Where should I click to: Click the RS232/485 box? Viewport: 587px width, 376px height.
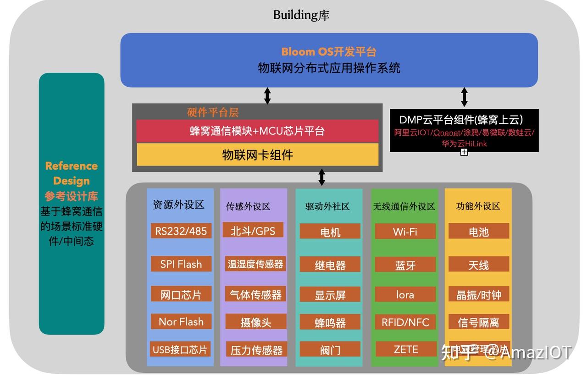coord(181,231)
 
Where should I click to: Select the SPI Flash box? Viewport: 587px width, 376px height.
coord(181,264)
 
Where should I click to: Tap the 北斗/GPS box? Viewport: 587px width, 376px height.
coord(253,230)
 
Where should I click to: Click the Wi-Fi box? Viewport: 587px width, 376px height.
coord(405,231)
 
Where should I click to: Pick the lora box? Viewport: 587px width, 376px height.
coord(405,294)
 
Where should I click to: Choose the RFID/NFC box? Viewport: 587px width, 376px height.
coord(405,322)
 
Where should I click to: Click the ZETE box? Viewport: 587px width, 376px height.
coord(405,349)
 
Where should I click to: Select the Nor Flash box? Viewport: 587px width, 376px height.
coord(181,321)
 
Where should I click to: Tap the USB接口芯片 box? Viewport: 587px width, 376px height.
coord(180,349)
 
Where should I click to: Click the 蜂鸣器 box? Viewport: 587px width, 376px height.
coord(330,322)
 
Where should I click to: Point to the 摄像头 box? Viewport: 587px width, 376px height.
coord(255,322)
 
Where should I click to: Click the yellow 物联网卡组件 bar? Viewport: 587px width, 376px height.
coord(257,155)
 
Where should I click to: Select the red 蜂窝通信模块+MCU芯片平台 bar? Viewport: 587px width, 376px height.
coord(257,131)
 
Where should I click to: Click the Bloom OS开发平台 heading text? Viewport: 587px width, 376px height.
coord(328,51)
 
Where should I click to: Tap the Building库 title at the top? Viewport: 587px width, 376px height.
coord(301,15)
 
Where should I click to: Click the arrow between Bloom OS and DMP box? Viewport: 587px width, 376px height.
coord(464,97)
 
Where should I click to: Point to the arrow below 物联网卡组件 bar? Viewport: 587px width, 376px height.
coord(321,177)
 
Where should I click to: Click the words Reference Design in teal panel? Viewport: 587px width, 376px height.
coord(71,173)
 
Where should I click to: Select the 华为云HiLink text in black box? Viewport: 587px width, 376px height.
coord(464,144)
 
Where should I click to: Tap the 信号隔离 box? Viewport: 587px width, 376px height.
coord(478,322)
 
